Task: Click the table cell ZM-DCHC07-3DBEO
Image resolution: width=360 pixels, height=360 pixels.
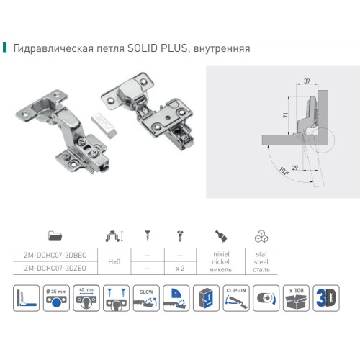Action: pyautogui.click(x=55, y=254)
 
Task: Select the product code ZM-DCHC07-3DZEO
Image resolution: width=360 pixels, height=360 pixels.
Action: pyautogui.click(x=55, y=267)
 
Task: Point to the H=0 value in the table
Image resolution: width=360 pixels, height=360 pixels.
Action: pyautogui.click(x=115, y=261)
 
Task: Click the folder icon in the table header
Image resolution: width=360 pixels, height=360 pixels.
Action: pyautogui.click(x=55, y=235)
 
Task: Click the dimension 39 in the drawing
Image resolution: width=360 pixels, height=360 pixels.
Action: pyautogui.click(x=307, y=82)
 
